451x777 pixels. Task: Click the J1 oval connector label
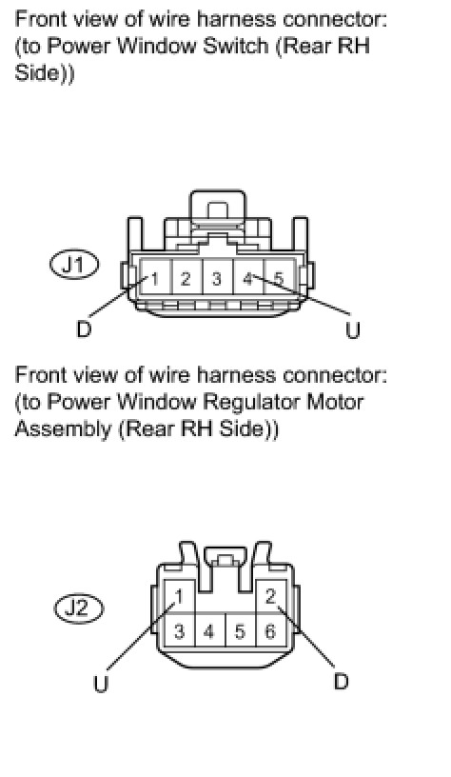click(74, 265)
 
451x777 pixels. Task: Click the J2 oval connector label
click(78, 608)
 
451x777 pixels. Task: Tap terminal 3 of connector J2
click(179, 630)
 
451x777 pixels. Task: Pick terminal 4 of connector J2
click(209, 630)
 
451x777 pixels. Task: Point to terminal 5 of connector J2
click(240, 630)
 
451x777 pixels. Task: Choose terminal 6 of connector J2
click(271, 630)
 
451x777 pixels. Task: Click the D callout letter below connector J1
click(84, 329)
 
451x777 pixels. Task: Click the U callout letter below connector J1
click(353, 330)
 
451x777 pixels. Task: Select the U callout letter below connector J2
click(101, 684)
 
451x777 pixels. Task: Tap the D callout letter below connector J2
click(342, 682)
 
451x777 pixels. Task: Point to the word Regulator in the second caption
click(251, 402)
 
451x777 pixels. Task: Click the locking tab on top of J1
click(217, 209)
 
